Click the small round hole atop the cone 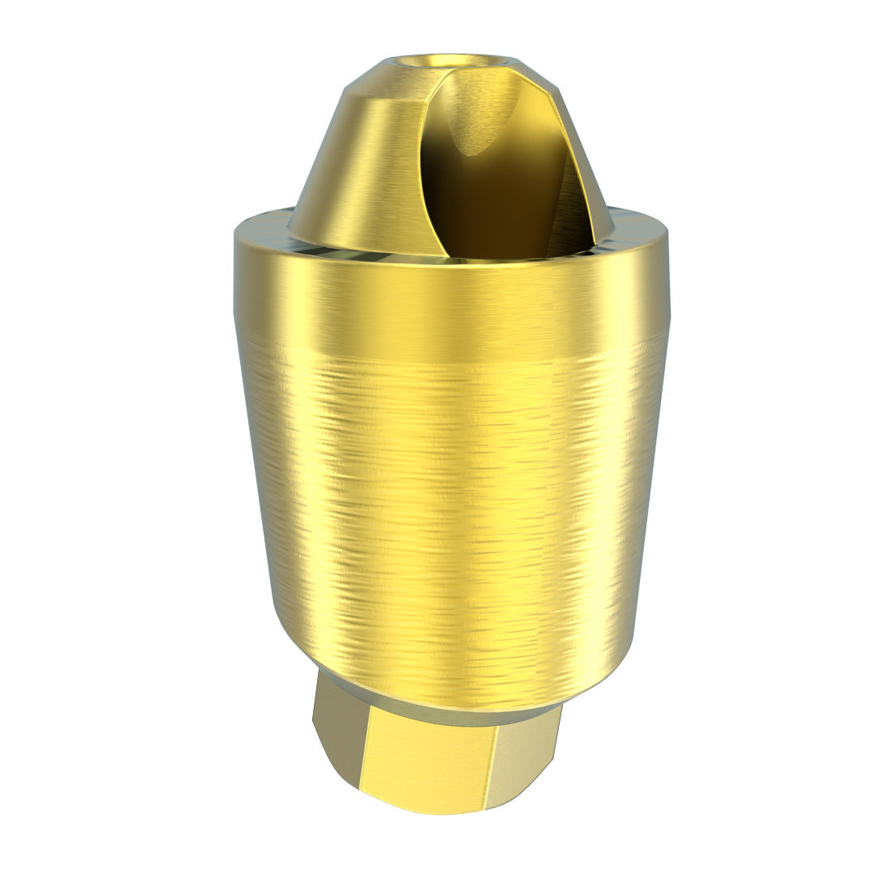pyautogui.click(x=450, y=60)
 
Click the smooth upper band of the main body pyautogui.click(x=450, y=300)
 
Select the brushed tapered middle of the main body pyautogui.click(x=450, y=503)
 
